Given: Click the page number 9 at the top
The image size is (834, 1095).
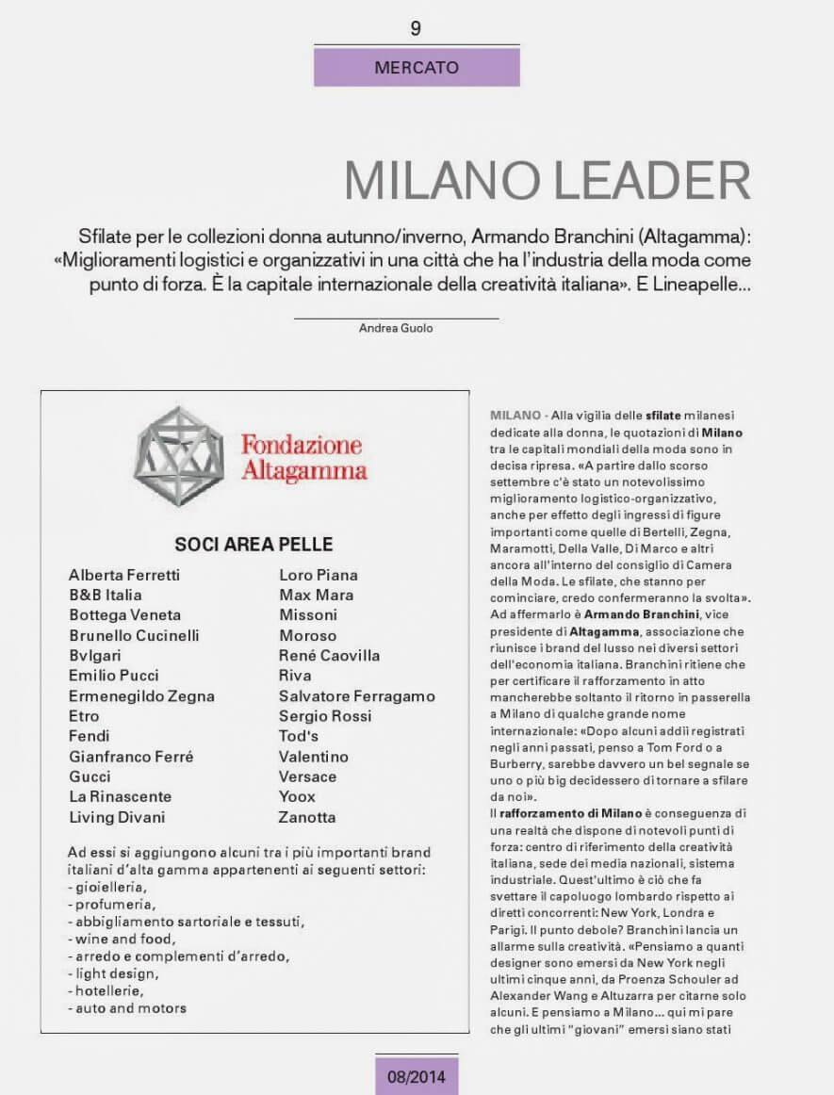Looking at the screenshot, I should point(416,28).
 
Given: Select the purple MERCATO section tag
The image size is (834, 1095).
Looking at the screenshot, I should point(417,68).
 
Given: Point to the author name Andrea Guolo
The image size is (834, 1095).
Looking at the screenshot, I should point(397,328).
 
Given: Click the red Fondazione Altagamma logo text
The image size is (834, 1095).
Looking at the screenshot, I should point(303,457).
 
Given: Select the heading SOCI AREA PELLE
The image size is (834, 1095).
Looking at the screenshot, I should point(253,545).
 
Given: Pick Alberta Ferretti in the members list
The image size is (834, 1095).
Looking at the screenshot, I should point(124,575).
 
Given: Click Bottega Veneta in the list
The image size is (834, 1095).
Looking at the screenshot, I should point(124,615).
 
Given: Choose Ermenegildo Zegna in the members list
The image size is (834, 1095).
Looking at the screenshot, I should point(141,696).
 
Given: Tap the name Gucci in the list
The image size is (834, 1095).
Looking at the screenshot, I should point(90,776).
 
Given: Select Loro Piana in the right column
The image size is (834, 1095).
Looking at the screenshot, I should point(319,575).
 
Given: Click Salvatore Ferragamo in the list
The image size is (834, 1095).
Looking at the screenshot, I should point(357,696).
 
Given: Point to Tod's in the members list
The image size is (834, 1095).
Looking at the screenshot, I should point(299,736).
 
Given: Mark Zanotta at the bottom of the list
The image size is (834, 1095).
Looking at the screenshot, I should point(307,817).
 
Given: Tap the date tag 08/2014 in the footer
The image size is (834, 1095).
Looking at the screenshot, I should point(417,1074).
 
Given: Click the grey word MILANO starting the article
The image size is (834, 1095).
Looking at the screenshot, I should point(513,415).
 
